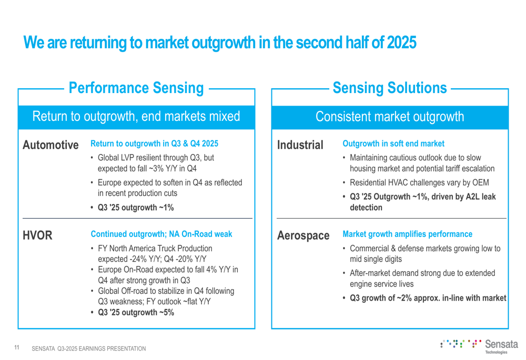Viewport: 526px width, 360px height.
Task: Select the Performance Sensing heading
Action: click(x=136, y=88)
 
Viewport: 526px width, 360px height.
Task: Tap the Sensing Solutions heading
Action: click(x=390, y=88)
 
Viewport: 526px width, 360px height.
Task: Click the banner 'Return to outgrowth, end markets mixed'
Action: click(x=136, y=116)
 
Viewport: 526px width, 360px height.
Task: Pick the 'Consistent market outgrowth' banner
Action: click(x=390, y=116)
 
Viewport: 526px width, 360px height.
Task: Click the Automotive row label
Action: click(x=50, y=145)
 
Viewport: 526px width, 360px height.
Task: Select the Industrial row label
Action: click(x=300, y=145)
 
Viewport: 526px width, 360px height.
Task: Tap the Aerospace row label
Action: click(x=303, y=235)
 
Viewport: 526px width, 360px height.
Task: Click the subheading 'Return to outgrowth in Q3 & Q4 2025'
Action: click(x=154, y=143)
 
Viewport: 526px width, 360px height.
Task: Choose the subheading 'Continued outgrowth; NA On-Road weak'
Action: click(x=161, y=234)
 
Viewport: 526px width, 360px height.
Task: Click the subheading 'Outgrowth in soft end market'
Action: click(x=393, y=143)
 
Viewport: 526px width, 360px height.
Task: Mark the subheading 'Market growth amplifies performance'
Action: click(x=407, y=234)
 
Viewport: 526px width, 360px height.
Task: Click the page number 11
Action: click(x=17, y=347)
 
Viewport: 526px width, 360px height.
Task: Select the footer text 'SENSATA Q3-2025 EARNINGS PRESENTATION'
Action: click(x=89, y=348)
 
